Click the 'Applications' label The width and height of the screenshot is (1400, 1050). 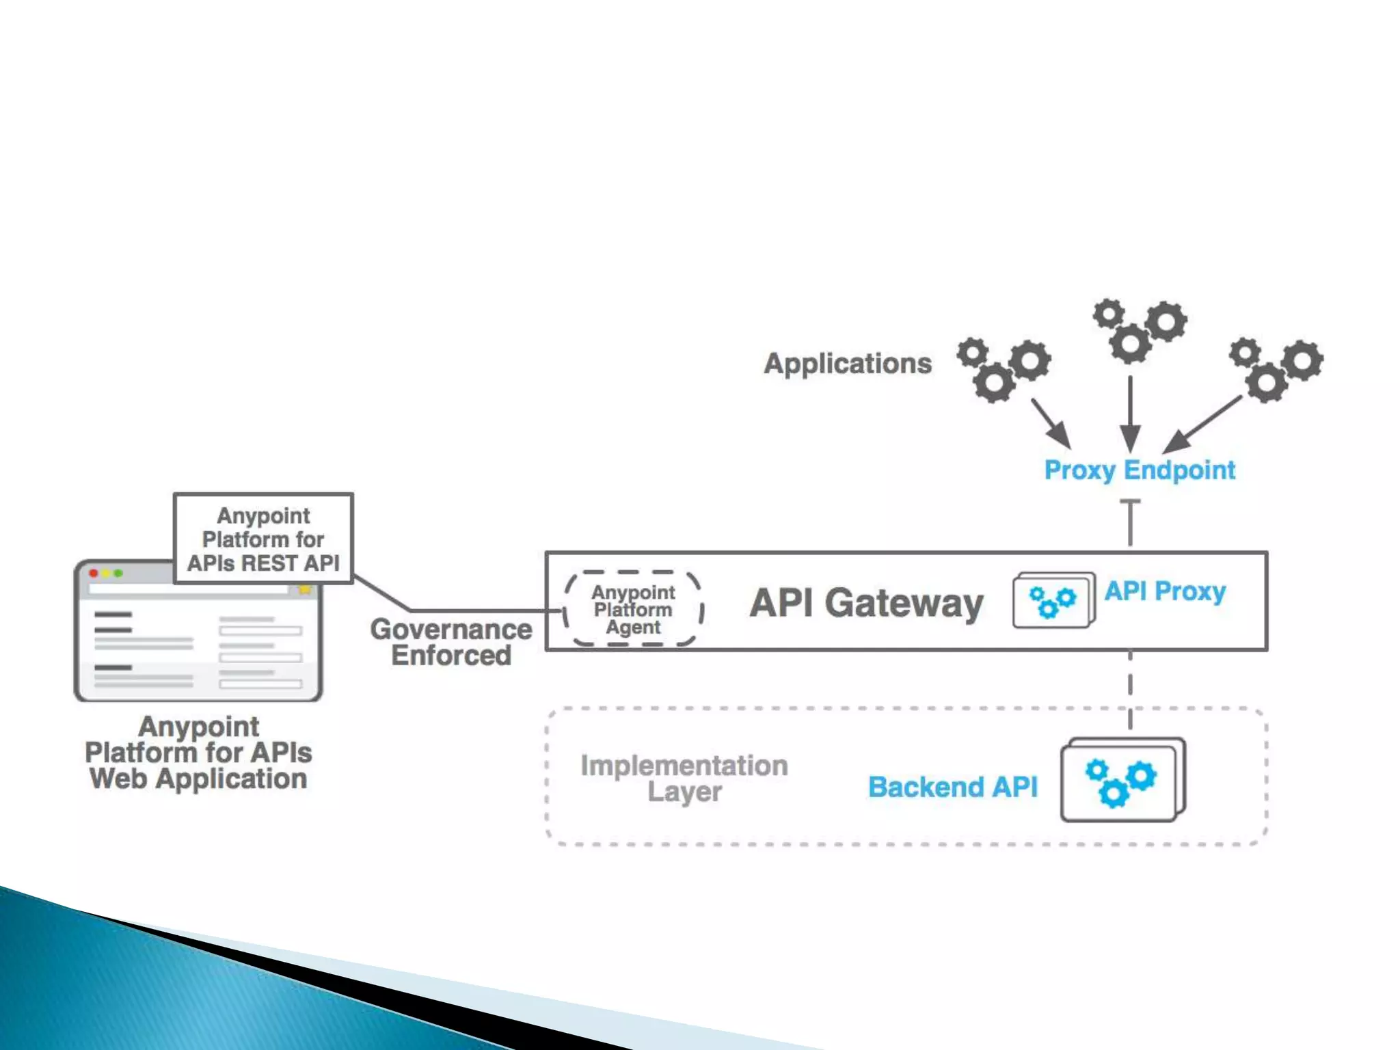848,364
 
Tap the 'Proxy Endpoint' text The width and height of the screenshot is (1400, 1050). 1140,470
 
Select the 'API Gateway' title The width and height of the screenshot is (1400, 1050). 866,603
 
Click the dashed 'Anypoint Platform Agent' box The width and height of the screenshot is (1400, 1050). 633,609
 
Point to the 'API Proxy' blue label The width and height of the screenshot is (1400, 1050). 1165,591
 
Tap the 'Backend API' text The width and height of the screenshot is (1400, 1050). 952,787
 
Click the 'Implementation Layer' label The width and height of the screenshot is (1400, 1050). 684,779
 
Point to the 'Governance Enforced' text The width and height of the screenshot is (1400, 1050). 451,642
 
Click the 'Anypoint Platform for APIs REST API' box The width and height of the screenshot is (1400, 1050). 263,539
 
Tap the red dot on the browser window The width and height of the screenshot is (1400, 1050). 94,573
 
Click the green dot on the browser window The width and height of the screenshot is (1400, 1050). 119,573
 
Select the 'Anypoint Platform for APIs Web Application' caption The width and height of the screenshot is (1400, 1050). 198,753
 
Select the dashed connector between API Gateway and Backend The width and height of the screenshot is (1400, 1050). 1130,690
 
